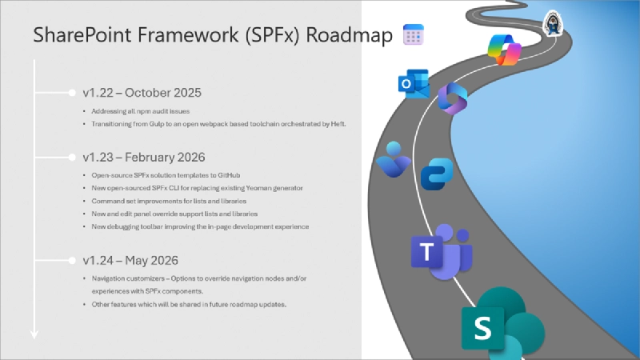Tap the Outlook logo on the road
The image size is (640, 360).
413,85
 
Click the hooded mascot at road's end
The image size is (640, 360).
551,22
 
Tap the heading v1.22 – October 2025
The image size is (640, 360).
142,92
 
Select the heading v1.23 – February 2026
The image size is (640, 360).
145,157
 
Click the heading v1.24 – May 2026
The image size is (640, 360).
130,260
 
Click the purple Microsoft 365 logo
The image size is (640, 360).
453,100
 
